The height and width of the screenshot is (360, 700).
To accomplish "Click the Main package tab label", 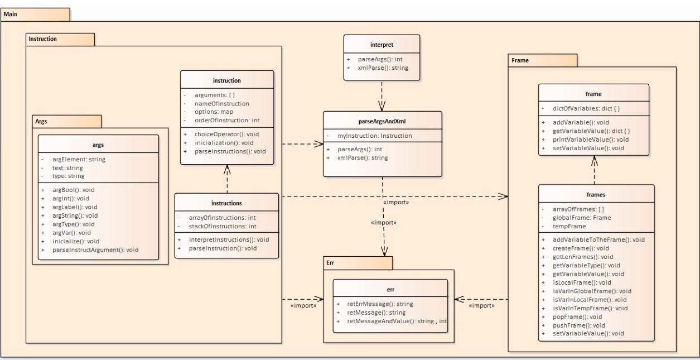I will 11,14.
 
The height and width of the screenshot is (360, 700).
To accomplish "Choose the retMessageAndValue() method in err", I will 397,321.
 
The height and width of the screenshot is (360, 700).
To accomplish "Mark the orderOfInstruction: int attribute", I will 227,120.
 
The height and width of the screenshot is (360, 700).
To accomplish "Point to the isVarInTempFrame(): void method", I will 590,308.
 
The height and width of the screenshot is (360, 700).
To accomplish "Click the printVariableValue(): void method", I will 591,140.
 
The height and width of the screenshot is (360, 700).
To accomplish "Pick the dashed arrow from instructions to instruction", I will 226,179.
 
